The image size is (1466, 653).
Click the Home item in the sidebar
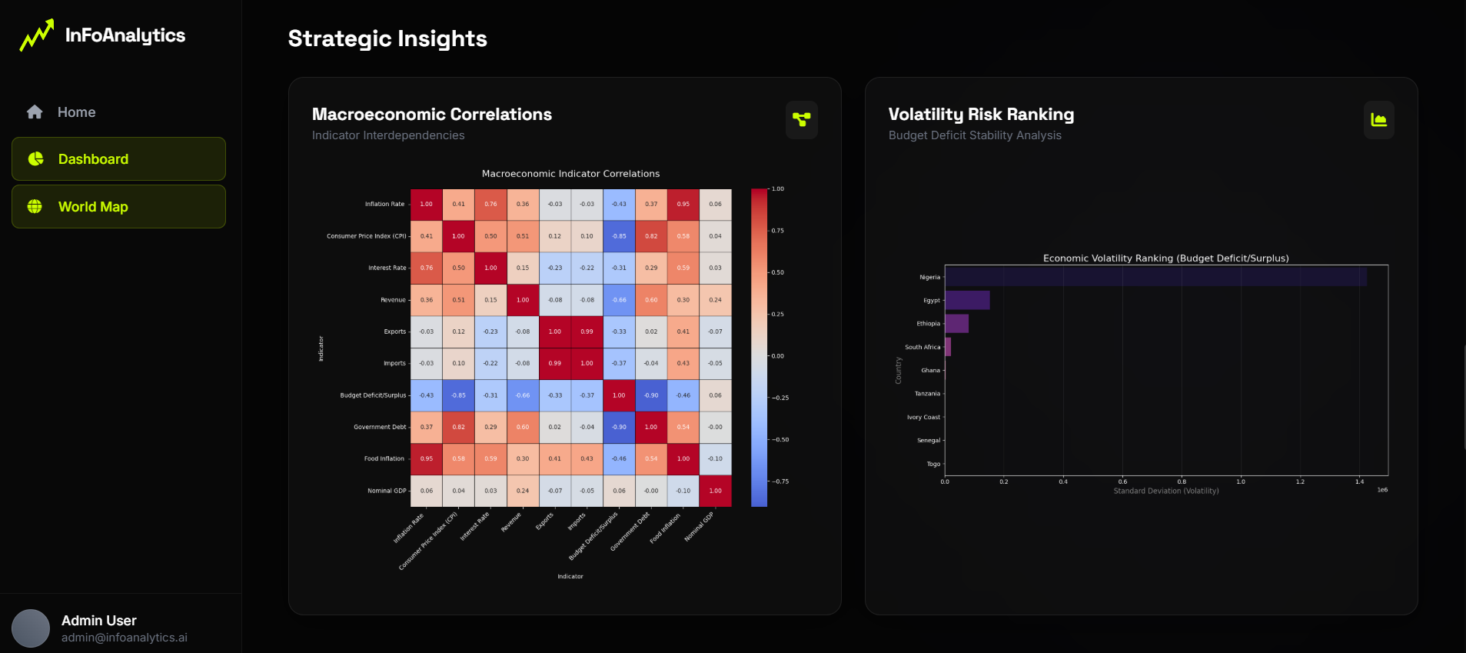[75, 112]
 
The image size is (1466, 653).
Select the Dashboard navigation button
[118, 159]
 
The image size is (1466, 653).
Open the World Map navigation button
[118, 207]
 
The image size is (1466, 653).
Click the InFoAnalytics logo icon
[36, 35]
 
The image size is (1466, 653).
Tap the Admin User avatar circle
[31, 628]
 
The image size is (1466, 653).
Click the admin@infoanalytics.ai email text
[125, 638]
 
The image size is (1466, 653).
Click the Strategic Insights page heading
[387, 39]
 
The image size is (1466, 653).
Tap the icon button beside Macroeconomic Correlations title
[801, 120]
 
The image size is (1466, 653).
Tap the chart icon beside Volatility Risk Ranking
[1378, 120]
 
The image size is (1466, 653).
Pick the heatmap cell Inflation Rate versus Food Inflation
[683, 205]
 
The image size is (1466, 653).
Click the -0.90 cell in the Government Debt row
[619, 427]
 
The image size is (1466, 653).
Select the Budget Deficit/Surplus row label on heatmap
[373, 395]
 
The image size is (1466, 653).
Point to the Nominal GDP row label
[387, 491]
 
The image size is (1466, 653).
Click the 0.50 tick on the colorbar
[777, 272]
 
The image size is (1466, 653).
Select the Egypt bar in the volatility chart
[967, 300]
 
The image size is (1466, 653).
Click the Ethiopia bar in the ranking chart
[956, 324]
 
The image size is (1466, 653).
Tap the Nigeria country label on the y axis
[929, 277]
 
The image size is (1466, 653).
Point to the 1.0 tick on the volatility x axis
[1241, 481]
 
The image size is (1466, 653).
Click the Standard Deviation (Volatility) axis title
[1165, 491]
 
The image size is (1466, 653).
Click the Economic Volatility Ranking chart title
[1165, 258]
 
